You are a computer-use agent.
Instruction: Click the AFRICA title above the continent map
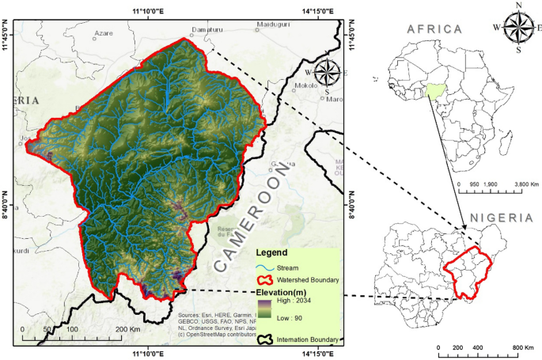[434, 29]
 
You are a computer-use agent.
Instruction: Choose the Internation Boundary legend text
[309, 340]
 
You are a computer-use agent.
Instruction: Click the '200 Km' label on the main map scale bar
[127, 328]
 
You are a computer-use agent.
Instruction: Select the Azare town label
[104, 34]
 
